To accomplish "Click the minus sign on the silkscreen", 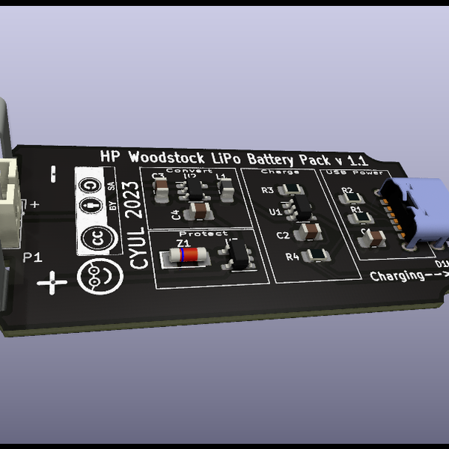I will tap(52, 174).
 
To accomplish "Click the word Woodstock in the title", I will tap(167, 158).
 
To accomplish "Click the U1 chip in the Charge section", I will tap(299, 207).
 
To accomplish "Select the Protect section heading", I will tap(203, 233).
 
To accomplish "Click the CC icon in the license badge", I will tap(96, 238).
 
